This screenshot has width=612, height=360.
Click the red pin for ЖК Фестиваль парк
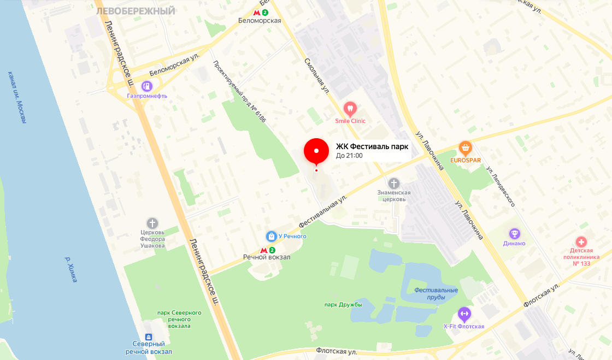coord(316,151)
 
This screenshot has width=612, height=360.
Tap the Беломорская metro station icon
coord(257,12)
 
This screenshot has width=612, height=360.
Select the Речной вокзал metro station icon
coord(264,250)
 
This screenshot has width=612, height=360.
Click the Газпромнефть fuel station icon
coord(146,86)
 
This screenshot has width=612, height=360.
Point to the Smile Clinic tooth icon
coord(350,108)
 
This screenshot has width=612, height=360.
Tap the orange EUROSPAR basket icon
coord(465,147)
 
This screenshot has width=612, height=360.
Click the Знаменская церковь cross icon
coord(393,183)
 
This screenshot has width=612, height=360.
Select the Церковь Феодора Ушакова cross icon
coord(152,223)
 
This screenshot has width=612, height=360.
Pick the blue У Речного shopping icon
coord(271,236)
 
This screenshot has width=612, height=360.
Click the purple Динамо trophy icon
coord(514,234)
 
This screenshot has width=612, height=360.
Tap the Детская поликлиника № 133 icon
coord(581,241)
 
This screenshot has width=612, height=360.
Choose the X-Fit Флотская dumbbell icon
coord(464,314)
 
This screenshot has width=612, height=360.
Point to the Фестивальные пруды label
coord(436,293)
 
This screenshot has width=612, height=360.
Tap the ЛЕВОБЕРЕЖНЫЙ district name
coord(136,11)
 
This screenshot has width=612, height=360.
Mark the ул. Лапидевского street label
coord(501,186)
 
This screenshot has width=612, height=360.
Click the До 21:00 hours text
coord(349,156)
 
